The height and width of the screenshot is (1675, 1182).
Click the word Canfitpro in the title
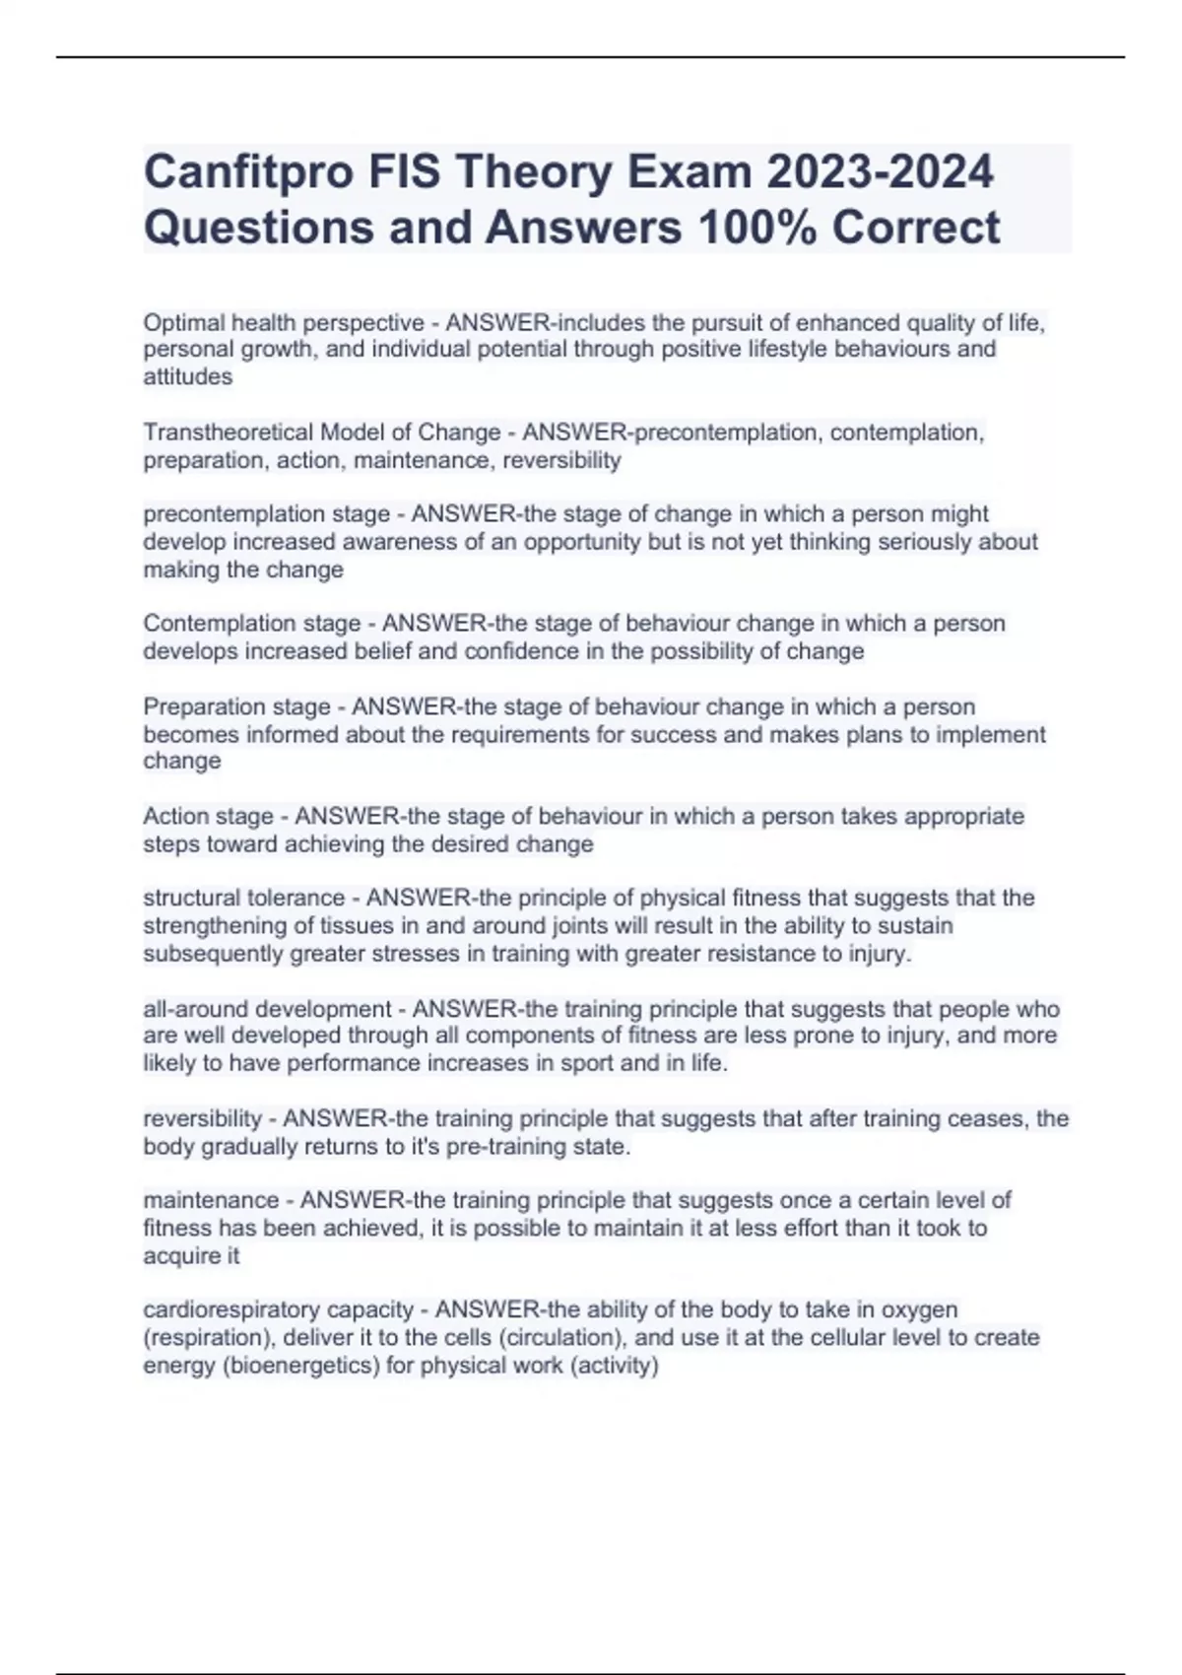pos(249,171)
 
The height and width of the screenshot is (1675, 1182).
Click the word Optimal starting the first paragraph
pos(183,322)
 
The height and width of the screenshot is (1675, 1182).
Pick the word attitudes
pos(187,376)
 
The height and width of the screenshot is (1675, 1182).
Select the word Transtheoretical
pos(224,432)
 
